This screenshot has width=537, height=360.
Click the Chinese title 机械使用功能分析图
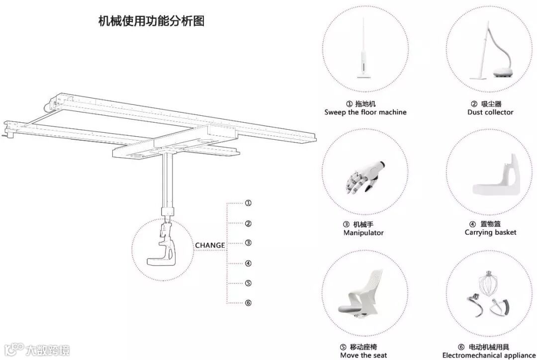pyautogui.click(x=152, y=21)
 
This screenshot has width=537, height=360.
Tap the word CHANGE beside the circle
pyautogui.click(x=209, y=245)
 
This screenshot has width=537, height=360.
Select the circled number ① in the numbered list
pyautogui.click(x=248, y=203)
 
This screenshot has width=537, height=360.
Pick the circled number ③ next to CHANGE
pyautogui.click(x=248, y=243)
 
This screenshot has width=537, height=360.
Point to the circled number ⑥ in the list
pyautogui.click(x=248, y=303)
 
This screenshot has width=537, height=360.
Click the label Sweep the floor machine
pyautogui.click(x=365, y=112)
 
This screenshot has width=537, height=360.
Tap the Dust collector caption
pyautogui.click(x=490, y=112)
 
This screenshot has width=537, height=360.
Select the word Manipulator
pyautogui.click(x=363, y=233)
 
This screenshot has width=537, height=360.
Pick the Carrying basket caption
pyautogui.click(x=490, y=233)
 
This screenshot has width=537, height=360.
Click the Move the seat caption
pyautogui.click(x=363, y=355)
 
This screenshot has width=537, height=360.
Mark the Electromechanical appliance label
pyautogui.click(x=488, y=355)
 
